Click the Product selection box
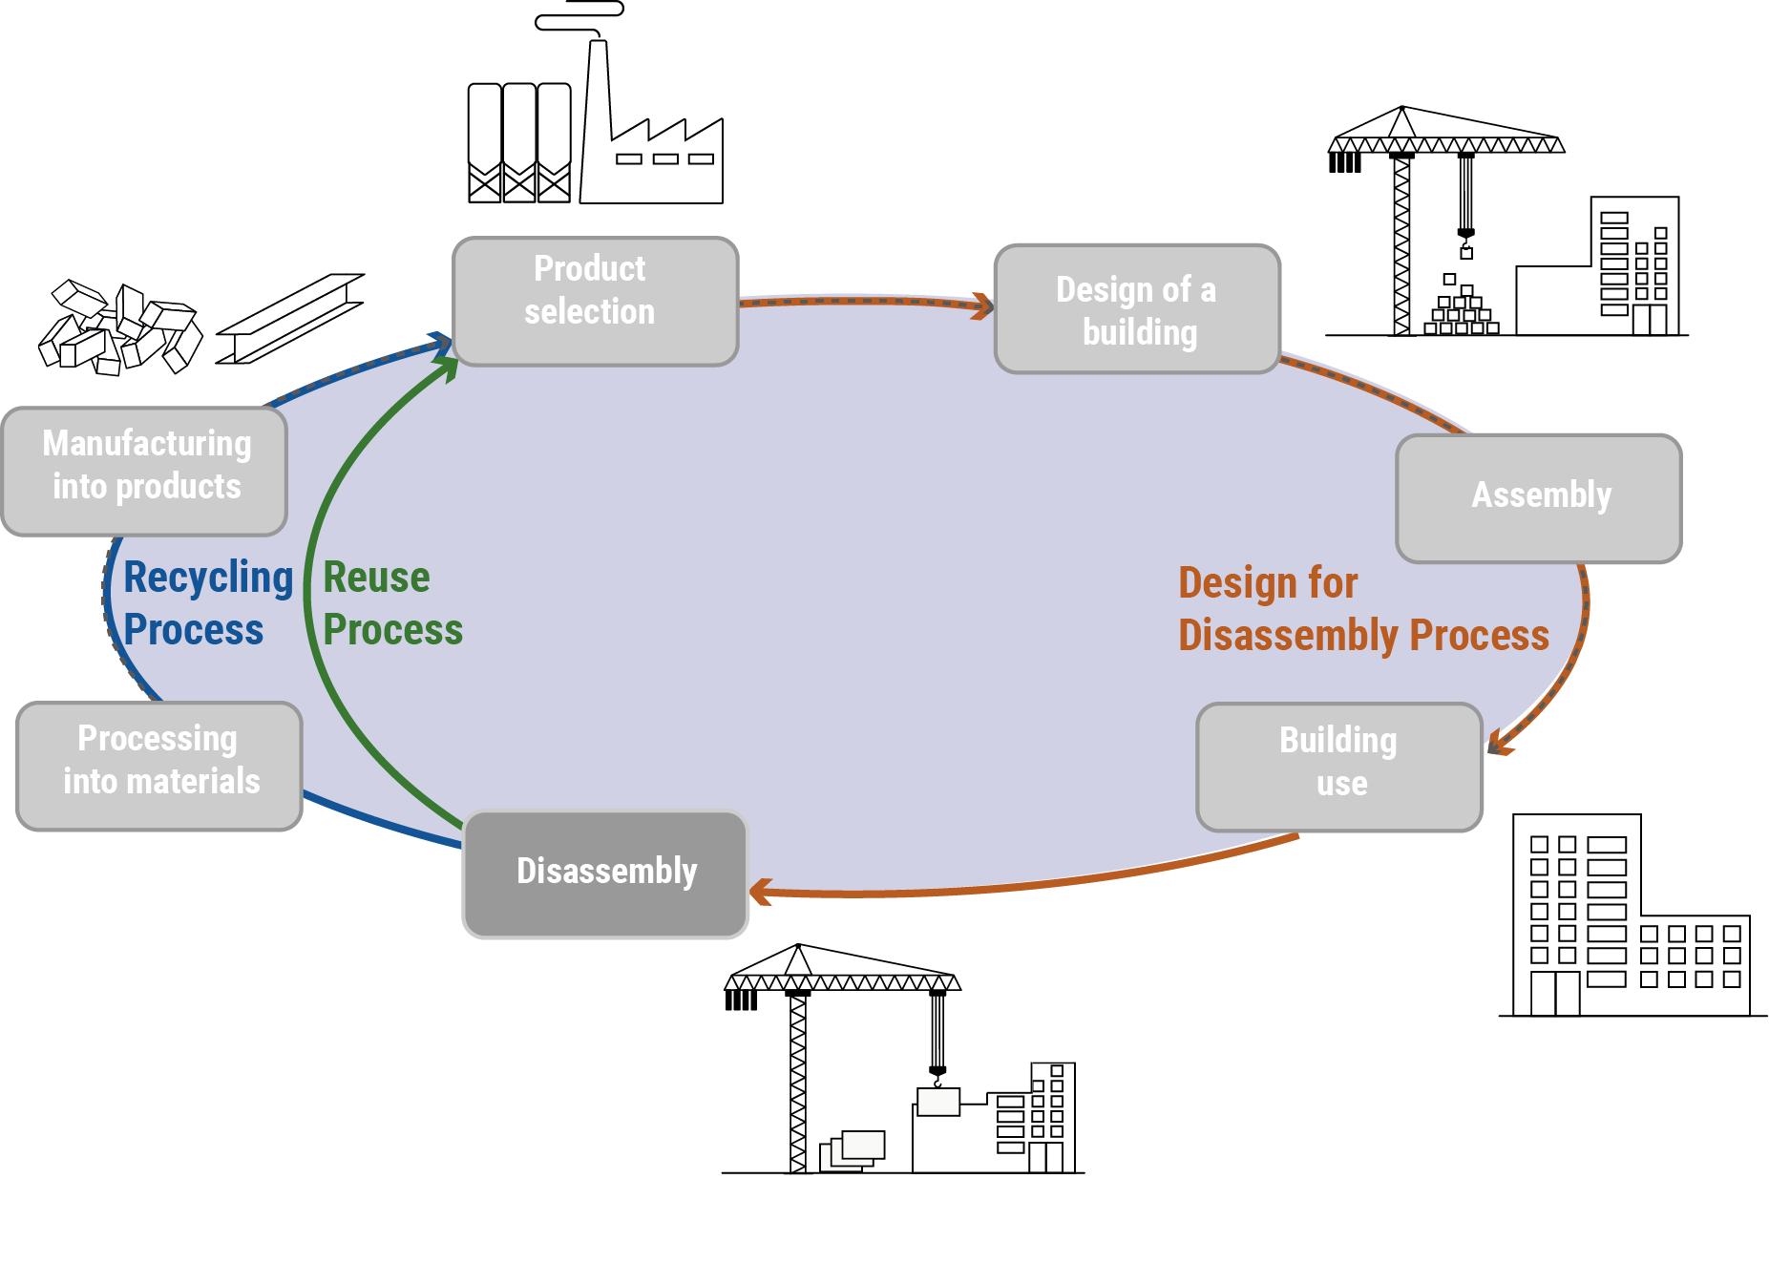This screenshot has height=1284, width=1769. (x=595, y=301)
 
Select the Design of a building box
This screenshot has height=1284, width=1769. (x=1136, y=308)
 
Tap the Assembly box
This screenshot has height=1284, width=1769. (x=1538, y=497)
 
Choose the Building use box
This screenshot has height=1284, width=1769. (x=1338, y=767)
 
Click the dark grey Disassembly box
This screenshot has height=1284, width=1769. (x=605, y=873)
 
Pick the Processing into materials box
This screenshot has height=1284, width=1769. (x=159, y=766)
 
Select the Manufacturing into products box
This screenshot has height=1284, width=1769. (x=145, y=470)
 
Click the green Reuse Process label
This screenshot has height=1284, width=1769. (x=390, y=603)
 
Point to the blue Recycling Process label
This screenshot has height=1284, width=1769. (x=205, y=603)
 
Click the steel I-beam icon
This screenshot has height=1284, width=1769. (x=290, y=319)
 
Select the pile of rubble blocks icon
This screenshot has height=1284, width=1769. (x=118, y=328)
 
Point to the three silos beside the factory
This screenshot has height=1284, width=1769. (x=518, y=142)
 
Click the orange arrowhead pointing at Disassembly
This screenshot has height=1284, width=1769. (x=761, y=893)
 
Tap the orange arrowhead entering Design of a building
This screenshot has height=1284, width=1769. (x=981, y=305)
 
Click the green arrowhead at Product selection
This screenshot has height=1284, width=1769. (x=448, y=368)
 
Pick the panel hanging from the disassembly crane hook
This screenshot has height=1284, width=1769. (x=937, y=1102)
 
